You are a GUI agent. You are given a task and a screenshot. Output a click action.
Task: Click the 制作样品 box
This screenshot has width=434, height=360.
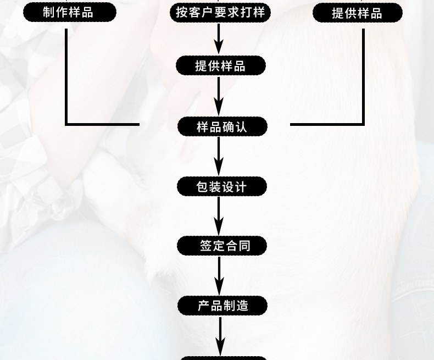pos(69,12)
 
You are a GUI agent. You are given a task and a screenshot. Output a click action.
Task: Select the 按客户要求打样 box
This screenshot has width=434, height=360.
pos(220,12)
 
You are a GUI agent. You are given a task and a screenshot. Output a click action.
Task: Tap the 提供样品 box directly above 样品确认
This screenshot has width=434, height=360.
pos(220,66)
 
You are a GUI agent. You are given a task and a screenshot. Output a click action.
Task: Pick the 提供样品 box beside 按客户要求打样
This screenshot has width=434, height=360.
pos(357,13)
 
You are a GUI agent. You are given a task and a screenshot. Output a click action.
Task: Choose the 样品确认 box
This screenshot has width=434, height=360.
pos(221,127)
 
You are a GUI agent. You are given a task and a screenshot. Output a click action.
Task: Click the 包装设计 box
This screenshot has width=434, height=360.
pos(221,187)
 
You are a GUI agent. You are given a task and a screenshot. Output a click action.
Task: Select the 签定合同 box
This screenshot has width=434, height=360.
pos(221,245)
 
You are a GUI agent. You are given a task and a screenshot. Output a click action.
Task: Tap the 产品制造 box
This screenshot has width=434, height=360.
pos(222,306)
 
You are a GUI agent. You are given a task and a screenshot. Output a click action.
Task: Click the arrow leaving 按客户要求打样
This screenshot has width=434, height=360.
pos(219,38)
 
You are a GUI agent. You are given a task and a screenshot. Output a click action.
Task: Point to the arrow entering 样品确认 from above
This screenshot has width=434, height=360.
pos(219,96)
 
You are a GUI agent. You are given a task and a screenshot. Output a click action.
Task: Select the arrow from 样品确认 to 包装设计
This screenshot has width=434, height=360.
pos(219,157)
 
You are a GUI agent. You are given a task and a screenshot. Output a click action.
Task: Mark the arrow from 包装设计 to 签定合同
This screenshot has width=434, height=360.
pos(219,216)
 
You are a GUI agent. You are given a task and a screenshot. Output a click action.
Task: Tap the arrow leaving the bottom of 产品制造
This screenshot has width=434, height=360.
pos(220,335)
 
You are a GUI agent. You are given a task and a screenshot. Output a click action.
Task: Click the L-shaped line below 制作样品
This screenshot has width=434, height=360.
pos(67,99)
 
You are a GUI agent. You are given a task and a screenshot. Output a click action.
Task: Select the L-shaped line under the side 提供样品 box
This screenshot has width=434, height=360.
pos(363,99)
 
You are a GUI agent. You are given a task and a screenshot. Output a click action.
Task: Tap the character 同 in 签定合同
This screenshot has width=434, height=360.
pos(244,245)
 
